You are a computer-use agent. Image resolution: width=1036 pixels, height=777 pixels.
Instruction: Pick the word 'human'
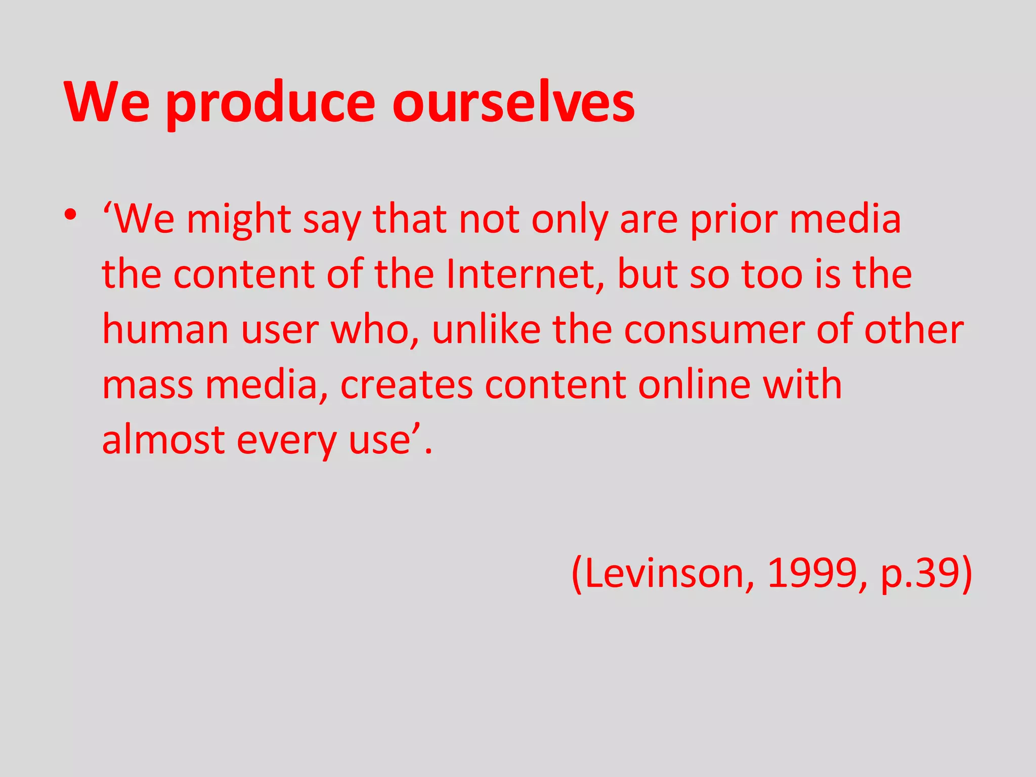165,330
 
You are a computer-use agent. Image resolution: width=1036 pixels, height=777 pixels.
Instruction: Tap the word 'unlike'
486,330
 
